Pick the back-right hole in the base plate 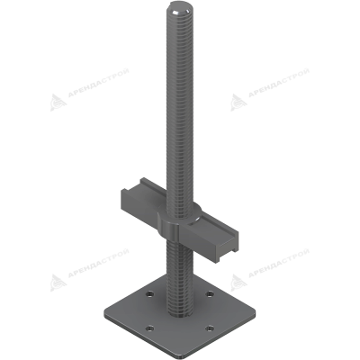209,294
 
